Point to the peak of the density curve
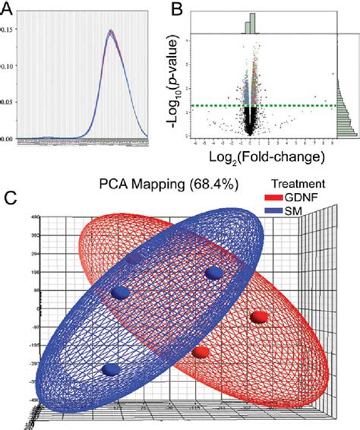point(111,31)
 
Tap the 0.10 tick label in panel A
point(7,66)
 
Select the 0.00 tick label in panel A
point(7,139)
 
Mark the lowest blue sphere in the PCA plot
point(112,369)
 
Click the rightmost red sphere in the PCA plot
point(258,316)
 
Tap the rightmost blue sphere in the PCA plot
point(215,273)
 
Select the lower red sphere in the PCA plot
point(201,352)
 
